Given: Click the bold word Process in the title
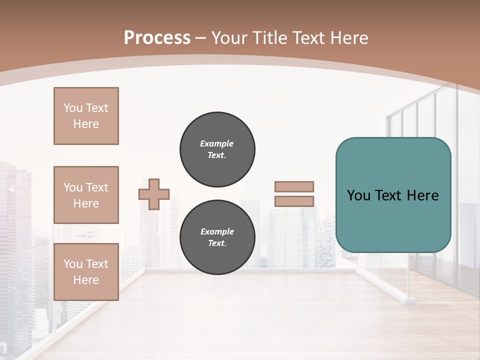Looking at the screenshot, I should click(x=157, y=38).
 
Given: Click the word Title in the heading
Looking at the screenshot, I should click(x=268, y=38).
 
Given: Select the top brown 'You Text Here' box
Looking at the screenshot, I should click(x=86, y=116).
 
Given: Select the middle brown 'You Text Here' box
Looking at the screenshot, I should click(x=86, y=195).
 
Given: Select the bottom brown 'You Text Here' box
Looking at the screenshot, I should click(x=86, y=272).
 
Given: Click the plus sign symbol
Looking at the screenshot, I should click(x=154, y=194).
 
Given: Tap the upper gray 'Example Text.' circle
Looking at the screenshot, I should click(x=217, y=149).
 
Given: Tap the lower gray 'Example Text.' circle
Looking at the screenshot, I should click(x=217, y=237).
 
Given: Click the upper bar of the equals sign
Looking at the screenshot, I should click(x=294, y=186).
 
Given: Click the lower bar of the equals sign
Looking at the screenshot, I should click(x=294, y=201).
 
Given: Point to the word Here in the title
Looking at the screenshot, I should click(x=347, y=38).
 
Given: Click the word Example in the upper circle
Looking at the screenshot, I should click(x=217, y=144).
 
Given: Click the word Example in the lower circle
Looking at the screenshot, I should click(x=217, y=232).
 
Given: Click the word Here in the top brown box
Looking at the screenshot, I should click(x=86, y=124).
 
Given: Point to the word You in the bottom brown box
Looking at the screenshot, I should click(x=72, y=264).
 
